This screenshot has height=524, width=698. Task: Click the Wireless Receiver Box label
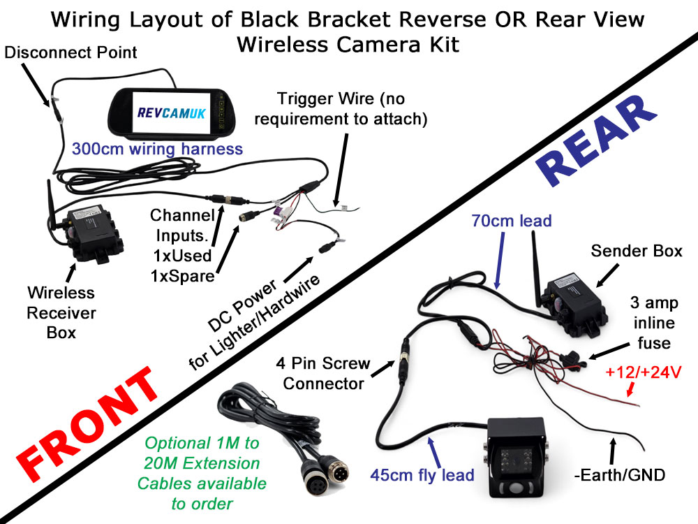click(x=61, y=312)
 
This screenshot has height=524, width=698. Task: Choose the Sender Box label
click(x=637, y=251)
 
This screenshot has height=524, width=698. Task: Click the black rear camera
click(x=514, y=458)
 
